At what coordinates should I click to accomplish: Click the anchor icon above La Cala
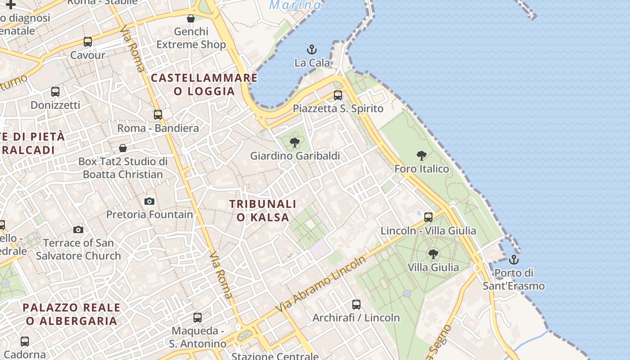(311, 49)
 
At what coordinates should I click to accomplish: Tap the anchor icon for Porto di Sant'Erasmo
(513, 260)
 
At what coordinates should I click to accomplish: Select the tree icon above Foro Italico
(422, 156)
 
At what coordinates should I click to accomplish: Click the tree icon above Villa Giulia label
(433, 254)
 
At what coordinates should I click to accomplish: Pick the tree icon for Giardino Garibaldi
(295, 143)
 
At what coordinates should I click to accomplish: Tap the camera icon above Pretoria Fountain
(149, 201)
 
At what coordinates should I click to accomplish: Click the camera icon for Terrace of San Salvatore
(78, 229)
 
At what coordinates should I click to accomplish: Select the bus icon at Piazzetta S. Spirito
(338, 95)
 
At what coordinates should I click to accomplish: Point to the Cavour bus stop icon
(88, 42)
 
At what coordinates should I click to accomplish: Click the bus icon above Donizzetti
(55, 92)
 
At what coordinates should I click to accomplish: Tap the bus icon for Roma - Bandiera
(158, 115)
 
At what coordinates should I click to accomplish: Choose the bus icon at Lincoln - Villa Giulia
(428, 217)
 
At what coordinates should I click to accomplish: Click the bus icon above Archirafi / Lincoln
(356, 305)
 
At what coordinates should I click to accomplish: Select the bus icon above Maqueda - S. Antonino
(198, 318)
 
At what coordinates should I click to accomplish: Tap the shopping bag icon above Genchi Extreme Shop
(191, 18)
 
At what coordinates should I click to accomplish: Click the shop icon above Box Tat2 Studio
(123, 148)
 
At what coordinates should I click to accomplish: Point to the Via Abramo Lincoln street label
(321, 284)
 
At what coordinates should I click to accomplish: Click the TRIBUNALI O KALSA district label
(263, 211)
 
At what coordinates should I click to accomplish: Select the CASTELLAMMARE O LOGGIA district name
(204, 85)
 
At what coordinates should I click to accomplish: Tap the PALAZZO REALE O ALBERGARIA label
(72, 314)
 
